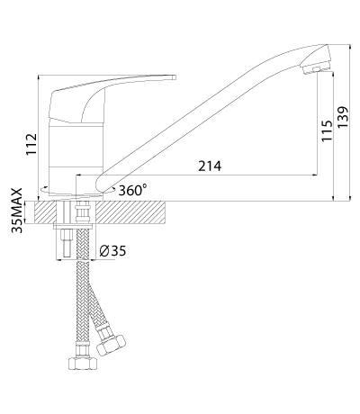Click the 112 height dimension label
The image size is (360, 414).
31,144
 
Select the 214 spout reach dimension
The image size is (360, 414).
210,166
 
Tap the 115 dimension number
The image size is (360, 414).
327,130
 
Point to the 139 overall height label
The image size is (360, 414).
343,117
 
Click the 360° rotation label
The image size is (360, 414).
132,190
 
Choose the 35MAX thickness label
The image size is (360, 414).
17,210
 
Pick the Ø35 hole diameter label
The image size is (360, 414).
112,251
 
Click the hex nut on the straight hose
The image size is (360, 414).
83,364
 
